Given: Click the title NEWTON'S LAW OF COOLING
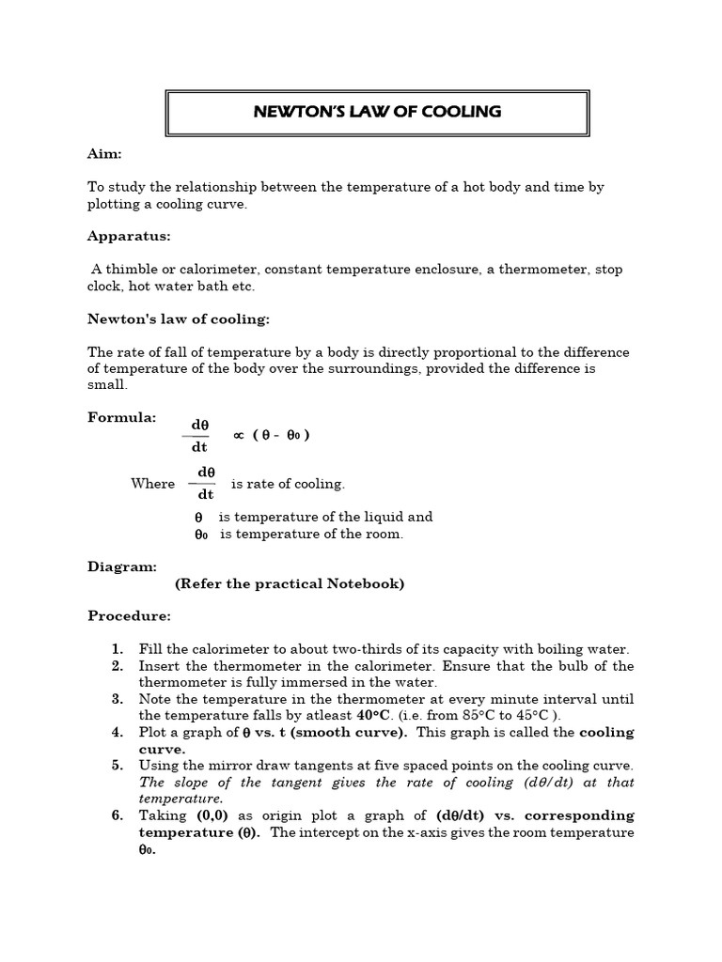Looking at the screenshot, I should pos(377,112).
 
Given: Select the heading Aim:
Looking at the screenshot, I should pos(105,153).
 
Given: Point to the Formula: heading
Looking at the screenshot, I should pos(122,417).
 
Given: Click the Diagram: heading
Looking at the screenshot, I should pos(122,566).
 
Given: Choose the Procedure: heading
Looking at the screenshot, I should pos(130,616).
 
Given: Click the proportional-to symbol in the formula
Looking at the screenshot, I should pos(239,434).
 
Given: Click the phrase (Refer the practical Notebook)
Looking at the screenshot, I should pos(290,583).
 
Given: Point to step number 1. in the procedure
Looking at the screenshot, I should pos(117,649).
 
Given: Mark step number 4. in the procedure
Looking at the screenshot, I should pos(117,732).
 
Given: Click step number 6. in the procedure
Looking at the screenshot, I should pos(117,815).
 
